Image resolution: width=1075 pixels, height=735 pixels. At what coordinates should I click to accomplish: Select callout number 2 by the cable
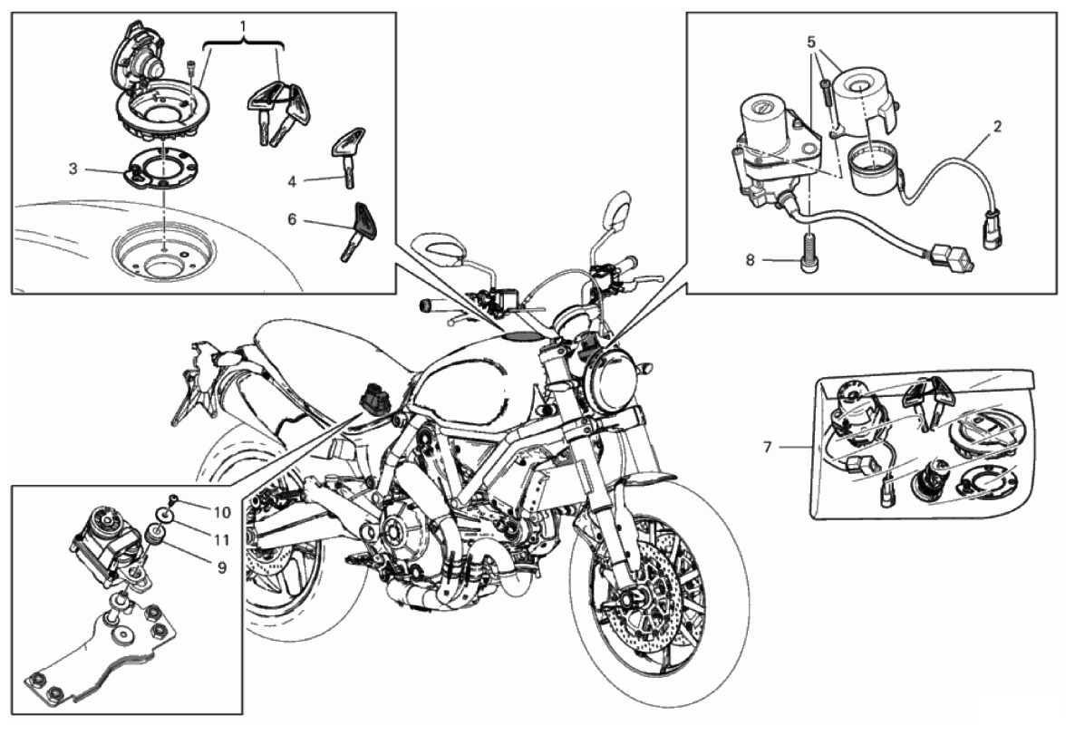(997, 126)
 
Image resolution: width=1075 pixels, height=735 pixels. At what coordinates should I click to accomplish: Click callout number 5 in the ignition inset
(812, 42)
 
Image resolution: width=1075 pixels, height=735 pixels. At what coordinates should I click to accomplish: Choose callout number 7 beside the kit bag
(768, 447)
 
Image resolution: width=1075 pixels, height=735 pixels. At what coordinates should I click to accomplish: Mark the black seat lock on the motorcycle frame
(375, 399)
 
